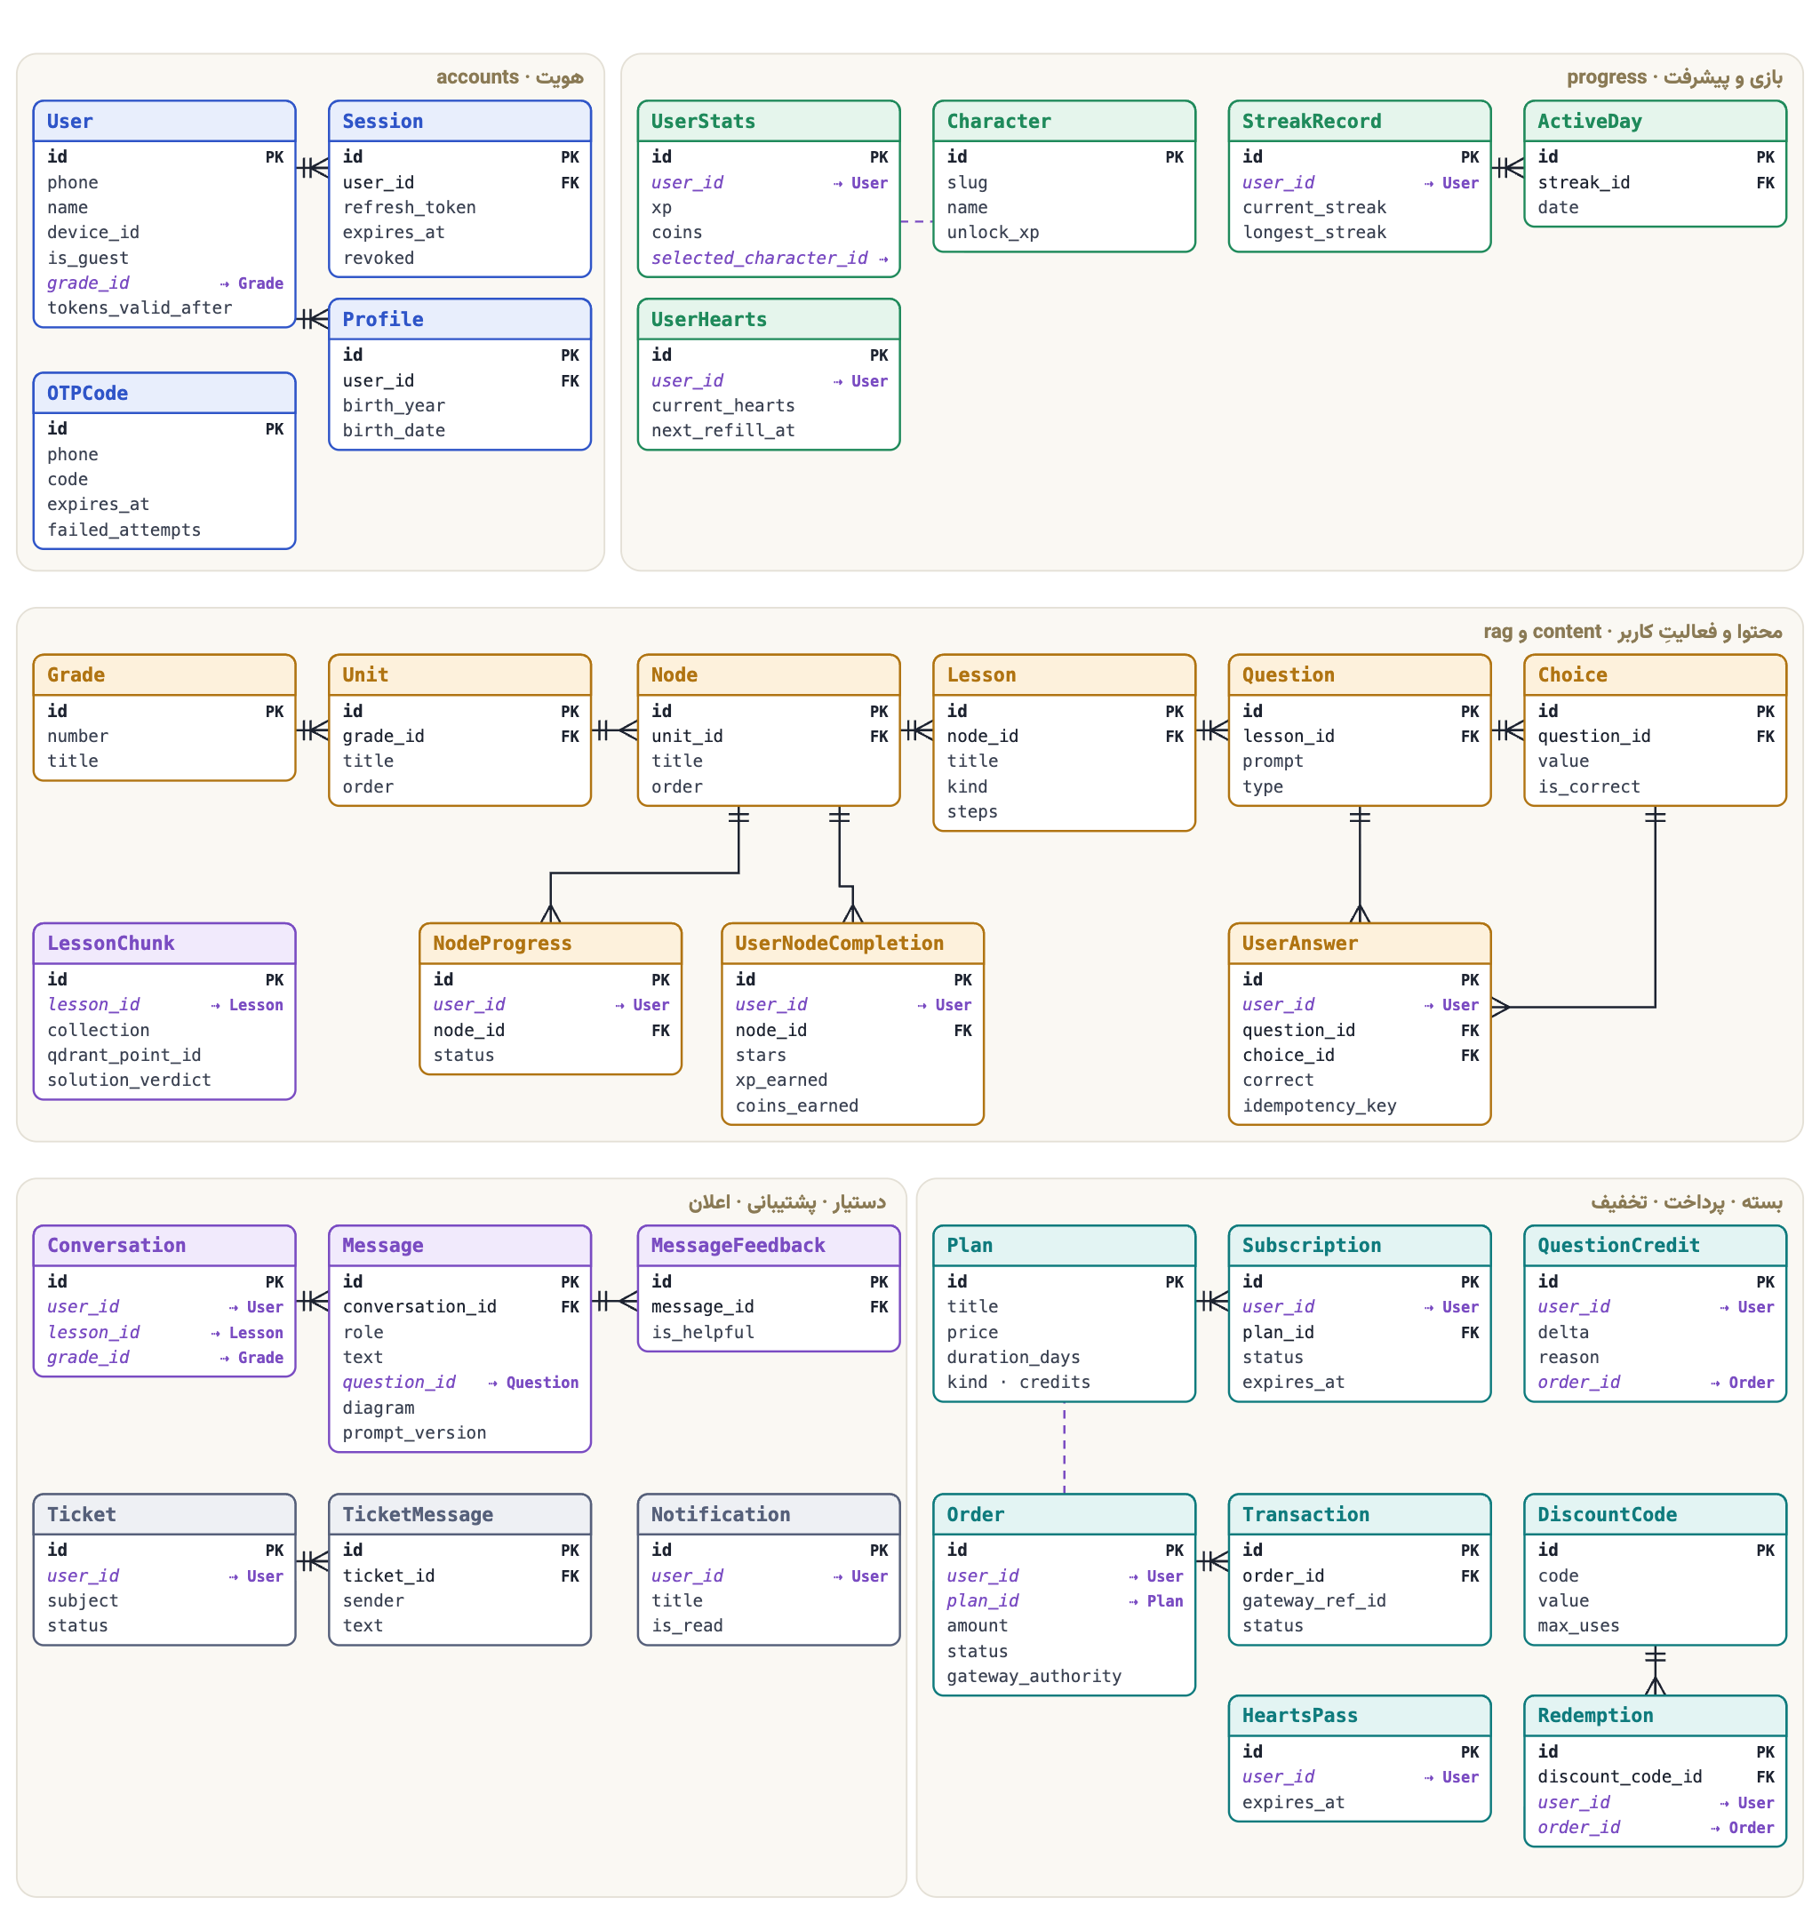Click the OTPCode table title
pos(87,393)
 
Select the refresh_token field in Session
pos(409,208)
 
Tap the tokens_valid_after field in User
pos(140,307)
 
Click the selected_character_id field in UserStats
pos(760,258)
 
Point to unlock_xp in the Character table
pos(993,233)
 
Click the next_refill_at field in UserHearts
pos(722,431)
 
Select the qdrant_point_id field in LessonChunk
pos(124,1056)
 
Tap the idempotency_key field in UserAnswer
pos(1319,1106)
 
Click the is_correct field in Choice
pos(1588,786)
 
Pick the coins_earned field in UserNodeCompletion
pos(796,1106)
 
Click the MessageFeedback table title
pos(738,1246)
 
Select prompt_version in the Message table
pos(414,1432)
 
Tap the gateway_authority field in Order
pos(1034,1677)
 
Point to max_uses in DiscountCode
pos(1577,1626)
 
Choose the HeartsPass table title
pos(1299,1715)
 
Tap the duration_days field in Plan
pos(1013,1357)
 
